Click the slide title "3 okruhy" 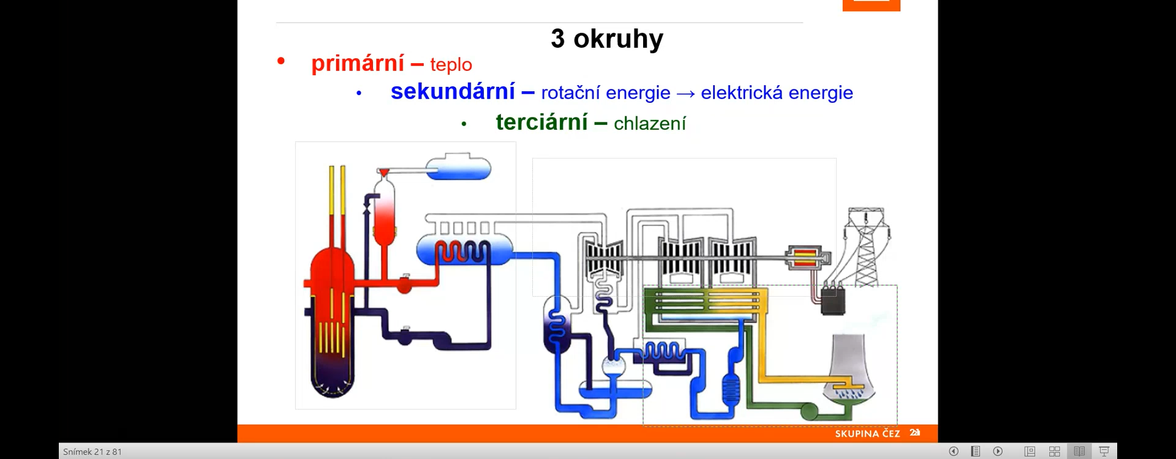[x=607, y=39]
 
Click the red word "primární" [x=358, y=63]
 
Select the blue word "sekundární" [x=453, y=91]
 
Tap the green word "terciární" [x=542, y=122]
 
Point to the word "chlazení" [x=650, y=123]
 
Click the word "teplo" [x=451, y=64]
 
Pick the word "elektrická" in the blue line [x=742, y=92]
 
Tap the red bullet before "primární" [x=281, y=60]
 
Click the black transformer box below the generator [x=832, y=300]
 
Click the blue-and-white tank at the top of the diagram [x=458, y=166]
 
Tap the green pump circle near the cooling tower [x=809, y=411]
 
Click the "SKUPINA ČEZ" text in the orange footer [x=867, y=433]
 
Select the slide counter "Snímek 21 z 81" [x=92, y=452]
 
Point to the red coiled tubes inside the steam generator [x=462, y=252]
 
